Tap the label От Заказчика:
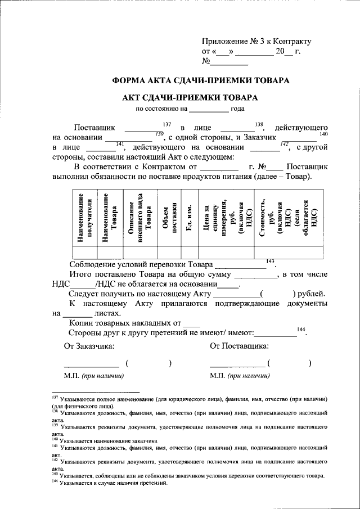[x=89, y=345]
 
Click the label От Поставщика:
[x=239, y=345]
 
